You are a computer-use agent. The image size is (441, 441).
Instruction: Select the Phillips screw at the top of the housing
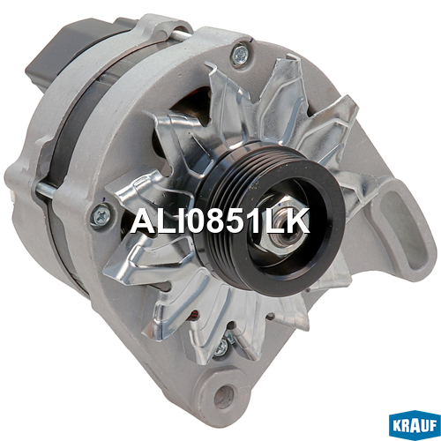click(x=240, y=55)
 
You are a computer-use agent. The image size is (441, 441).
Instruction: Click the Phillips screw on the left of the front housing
click(x=101, y=215)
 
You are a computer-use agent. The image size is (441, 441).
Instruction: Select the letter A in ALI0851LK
click(x=143, y=220)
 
